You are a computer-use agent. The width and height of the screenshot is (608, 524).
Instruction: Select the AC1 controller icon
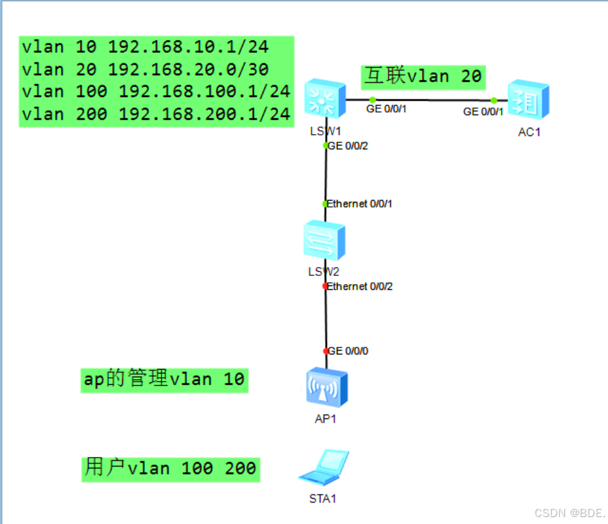[528, 99]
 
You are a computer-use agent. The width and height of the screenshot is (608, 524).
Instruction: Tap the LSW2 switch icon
[324, 240]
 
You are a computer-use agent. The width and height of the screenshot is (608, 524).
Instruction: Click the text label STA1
[322, 499]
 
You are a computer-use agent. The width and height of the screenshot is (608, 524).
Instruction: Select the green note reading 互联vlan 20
[423, 76]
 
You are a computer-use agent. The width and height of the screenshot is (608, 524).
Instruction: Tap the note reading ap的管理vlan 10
[164, 380]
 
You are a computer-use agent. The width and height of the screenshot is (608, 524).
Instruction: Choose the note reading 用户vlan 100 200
[170, 468]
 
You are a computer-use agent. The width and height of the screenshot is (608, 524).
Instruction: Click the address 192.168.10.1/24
[188, 47]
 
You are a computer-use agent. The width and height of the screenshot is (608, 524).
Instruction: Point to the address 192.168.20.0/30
[188, 70]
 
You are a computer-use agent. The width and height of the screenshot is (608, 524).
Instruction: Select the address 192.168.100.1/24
[205, 92]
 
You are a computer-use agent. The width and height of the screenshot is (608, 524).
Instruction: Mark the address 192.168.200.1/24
[205, 114]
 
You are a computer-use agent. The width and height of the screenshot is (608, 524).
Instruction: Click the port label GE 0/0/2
[348, 146]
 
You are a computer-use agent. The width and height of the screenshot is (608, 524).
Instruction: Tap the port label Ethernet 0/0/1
[360, 204]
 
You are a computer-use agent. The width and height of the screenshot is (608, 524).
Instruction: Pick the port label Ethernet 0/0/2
[360, 286]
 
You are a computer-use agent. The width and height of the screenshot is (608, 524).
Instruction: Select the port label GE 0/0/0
[348, 351]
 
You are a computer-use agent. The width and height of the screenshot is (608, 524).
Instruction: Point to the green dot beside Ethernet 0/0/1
[326, 204]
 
